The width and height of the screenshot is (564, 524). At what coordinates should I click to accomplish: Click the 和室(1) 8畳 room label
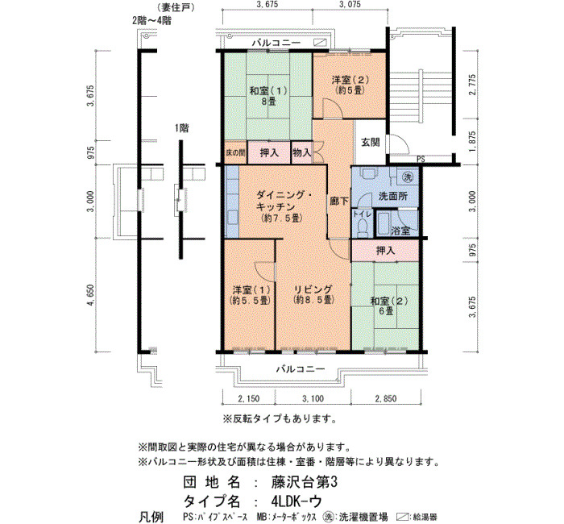[268, 96]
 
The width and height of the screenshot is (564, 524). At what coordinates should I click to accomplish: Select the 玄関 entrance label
[370, 142]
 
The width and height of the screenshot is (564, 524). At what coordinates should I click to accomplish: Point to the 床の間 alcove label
[235, 153]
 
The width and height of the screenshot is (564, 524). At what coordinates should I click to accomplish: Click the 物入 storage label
[301, 152]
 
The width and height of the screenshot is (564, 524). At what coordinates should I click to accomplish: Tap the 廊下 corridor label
[339, 201]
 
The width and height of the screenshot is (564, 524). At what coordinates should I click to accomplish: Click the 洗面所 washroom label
[393, 196]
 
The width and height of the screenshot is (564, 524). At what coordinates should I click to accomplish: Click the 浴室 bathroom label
[400, 231]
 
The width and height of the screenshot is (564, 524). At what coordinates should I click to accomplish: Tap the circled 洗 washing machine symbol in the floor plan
[407, 177]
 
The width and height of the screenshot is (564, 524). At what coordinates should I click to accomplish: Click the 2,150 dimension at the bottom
[248, 398]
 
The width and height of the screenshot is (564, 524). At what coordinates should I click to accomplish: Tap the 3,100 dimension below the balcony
[313, 398]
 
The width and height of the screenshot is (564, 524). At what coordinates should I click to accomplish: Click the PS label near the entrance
[421, 159]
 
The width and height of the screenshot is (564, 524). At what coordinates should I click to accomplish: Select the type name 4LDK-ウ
[297, 501]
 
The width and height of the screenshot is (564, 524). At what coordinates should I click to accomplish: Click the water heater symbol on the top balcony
[320, 43]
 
